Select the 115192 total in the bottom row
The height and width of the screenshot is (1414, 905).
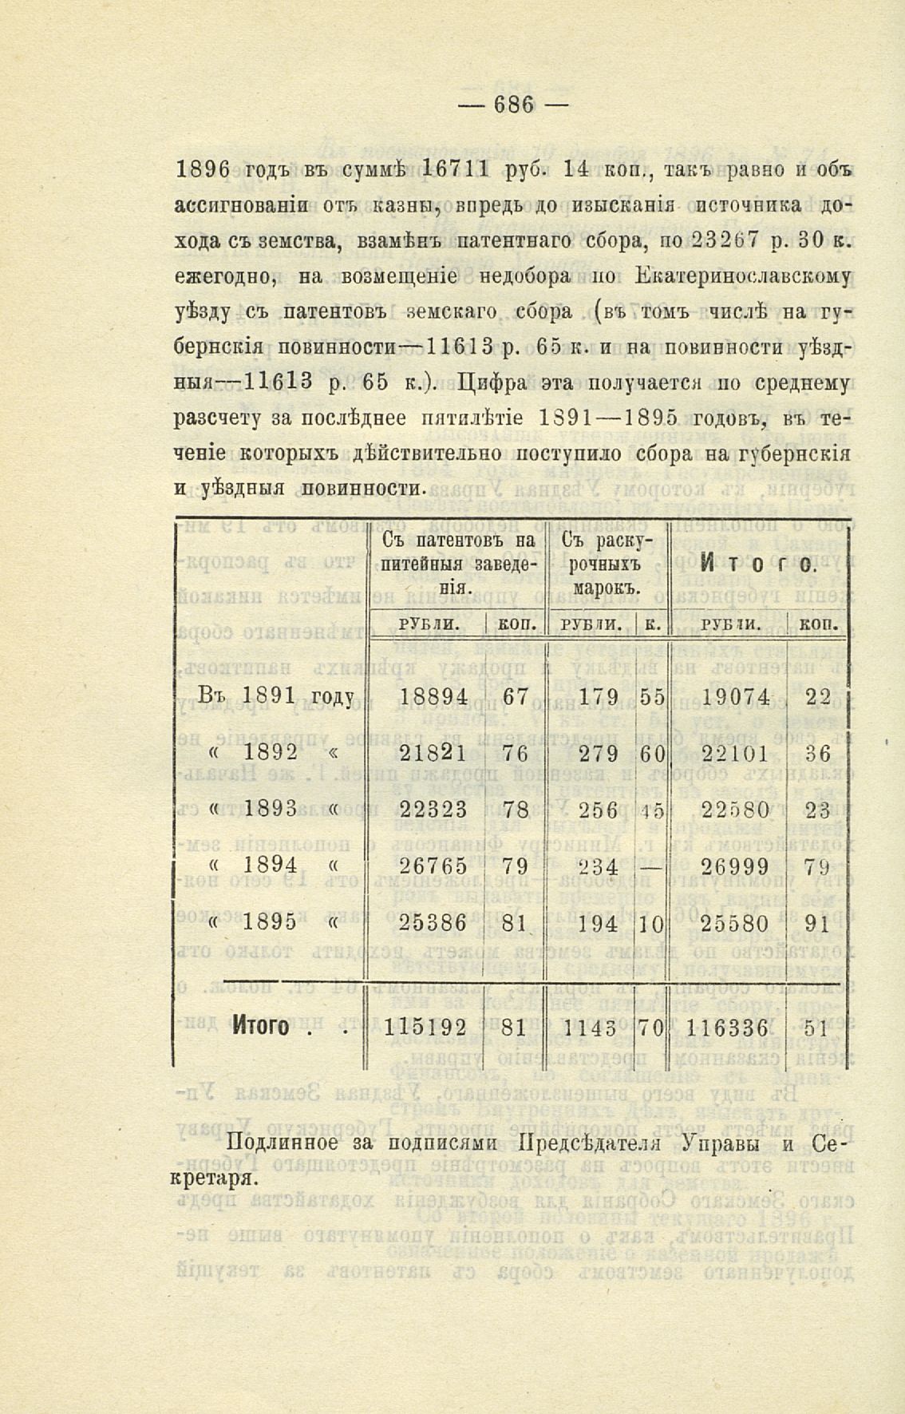click(x=424, y=1028)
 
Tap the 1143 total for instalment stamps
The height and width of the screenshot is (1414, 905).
click(x=590, y=1028)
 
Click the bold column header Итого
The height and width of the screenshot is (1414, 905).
click(x=757, y=566)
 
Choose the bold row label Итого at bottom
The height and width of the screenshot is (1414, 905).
click(x=260, y=1027)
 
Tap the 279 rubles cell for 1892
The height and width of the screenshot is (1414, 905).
click(x=599, y=753)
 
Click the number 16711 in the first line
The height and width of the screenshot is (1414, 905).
click(x=459, y=169)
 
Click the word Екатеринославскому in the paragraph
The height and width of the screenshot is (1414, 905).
click(x=745, y=276)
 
